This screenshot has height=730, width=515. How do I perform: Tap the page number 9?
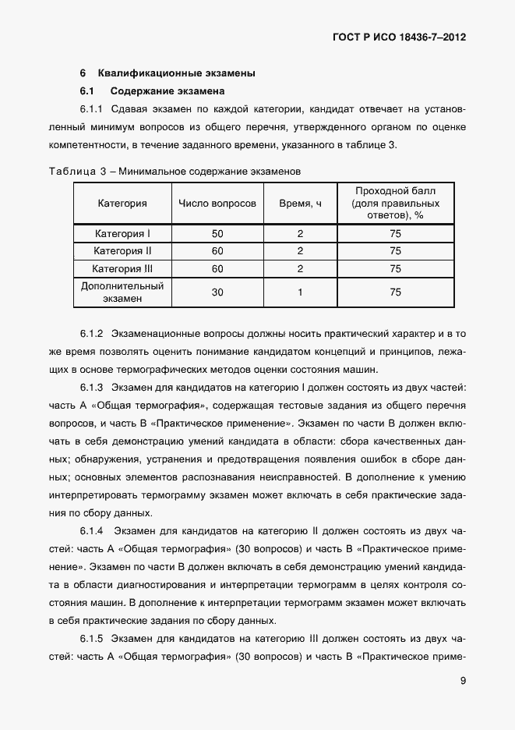pos(463,680)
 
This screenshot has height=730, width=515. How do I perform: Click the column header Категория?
pos(122,204)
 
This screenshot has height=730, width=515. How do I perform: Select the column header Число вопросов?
pos(217,204)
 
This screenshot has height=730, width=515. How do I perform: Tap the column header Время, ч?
pos(300,204)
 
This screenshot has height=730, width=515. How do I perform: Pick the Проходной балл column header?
pos(395,203)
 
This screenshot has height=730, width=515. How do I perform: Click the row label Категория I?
pos(122,233)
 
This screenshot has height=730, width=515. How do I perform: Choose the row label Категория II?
pos(122,251)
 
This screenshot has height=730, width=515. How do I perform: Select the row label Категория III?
pos(122,269)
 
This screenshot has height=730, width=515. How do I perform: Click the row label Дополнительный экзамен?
pos(122,292)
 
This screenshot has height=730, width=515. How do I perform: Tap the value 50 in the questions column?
pos(217,233)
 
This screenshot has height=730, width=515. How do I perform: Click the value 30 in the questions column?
pos(217,292)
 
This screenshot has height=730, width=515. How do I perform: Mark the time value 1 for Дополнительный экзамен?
pos(300,292)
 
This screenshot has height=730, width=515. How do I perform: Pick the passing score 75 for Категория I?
pos(395,233)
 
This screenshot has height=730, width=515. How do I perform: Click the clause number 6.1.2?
pos(92,334)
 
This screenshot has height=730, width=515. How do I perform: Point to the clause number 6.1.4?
pos(92,531)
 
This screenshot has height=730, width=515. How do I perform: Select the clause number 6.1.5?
pos(92,639)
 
